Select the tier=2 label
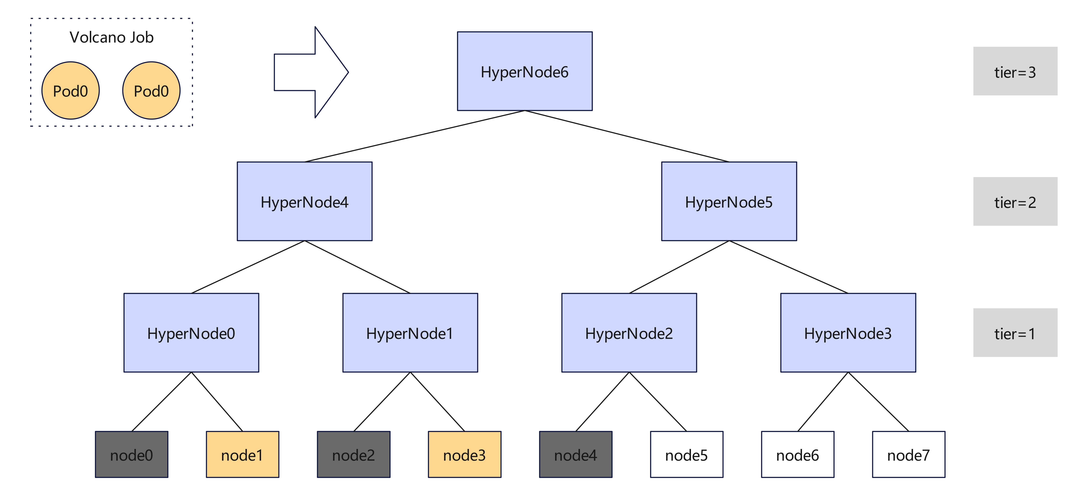coord(1015,202)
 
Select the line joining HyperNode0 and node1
coord(217,402)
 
